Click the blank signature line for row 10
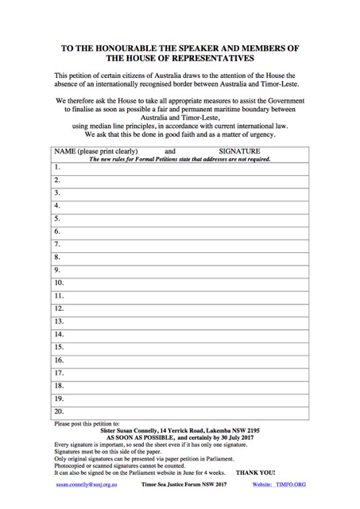(x=191, y=282)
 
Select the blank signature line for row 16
(x=191, y=359)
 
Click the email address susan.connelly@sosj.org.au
(x=87, y=484)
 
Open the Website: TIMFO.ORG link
(x=278, y=484)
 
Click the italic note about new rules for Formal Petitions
(x=180, y=159)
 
